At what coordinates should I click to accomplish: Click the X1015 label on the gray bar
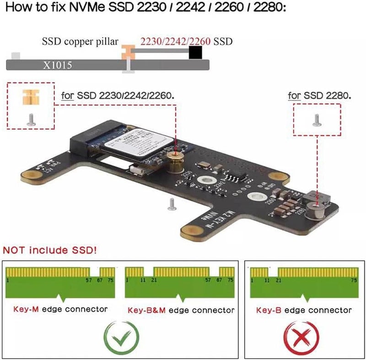(58, 65)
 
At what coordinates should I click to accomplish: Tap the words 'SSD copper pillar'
(80, 42)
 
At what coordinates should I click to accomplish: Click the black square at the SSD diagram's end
(195, 54)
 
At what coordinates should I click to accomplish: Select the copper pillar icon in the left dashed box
(31, 98)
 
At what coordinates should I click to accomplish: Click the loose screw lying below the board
(172, 204)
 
